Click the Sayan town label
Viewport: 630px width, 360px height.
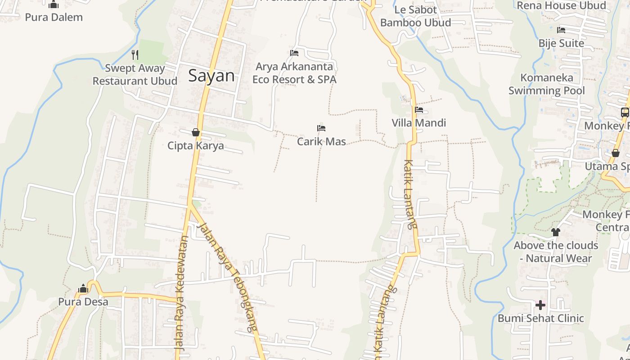211,76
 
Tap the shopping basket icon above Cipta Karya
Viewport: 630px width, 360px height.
196,132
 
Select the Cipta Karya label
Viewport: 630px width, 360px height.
195,146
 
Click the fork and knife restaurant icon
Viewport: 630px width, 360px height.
135,55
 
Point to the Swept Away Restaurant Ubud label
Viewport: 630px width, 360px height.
135,75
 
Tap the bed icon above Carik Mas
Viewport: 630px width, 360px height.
321,128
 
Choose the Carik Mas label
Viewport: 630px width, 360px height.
321,141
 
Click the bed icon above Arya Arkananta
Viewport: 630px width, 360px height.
294,53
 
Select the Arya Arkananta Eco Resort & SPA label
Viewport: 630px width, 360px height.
294,73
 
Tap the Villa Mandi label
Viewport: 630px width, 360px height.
418,123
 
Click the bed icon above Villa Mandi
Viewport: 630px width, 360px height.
419,110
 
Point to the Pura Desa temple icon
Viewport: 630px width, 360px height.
83,288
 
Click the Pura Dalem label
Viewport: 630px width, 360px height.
54,17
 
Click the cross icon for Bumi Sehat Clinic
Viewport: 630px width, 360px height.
540,306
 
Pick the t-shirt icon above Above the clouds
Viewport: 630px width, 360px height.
556,232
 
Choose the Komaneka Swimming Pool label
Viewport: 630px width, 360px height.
547,84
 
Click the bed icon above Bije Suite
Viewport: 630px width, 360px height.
561,30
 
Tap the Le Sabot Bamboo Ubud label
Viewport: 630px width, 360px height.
415,16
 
